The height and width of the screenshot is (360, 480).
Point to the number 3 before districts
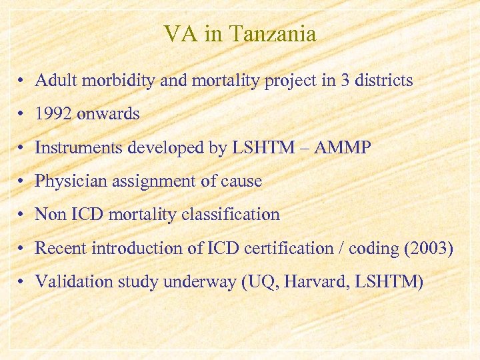tap(344, 81)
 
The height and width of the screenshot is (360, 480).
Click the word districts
tap(383, 81)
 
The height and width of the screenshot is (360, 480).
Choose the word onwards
tap(108, 115)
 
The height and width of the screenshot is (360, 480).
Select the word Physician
tap(64, 181)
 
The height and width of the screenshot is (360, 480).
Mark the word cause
tap(242, 181)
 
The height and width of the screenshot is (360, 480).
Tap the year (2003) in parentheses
tap(429, 249)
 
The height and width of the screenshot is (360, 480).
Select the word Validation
tap(67, 282)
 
